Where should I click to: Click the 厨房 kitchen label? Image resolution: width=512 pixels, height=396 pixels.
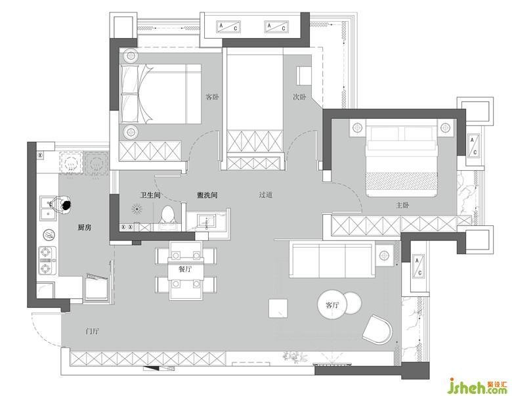84,227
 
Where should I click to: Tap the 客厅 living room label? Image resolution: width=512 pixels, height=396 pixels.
332,305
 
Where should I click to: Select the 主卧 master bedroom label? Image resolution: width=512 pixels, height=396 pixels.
402,205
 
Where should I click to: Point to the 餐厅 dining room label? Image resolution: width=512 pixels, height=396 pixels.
185,269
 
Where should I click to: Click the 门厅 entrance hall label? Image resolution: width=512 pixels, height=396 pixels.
92,331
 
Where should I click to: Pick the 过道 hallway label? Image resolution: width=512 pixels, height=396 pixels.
265,195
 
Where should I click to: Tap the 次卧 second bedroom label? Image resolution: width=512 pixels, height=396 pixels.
299,97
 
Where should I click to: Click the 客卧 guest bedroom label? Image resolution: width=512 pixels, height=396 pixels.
212,97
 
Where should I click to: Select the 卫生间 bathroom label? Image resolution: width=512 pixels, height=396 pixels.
150,196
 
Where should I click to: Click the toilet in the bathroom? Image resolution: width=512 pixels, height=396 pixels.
169,215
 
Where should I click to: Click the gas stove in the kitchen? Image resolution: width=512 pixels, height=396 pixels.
48,261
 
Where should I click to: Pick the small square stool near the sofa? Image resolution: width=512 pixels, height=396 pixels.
278,308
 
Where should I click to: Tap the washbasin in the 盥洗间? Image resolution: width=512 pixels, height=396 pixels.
206,220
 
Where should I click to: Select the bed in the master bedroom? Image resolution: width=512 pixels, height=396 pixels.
402,158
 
